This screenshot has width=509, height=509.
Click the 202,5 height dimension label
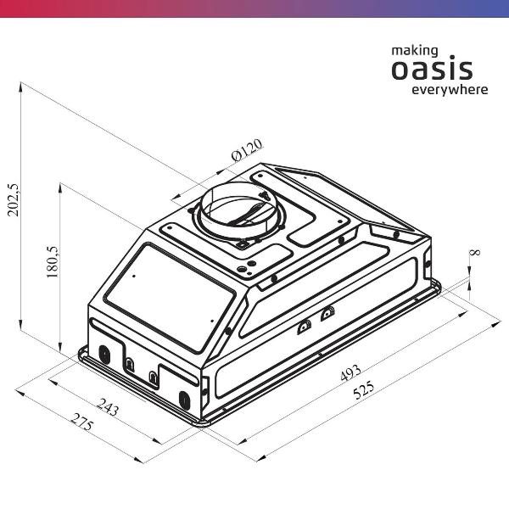pos(14,200)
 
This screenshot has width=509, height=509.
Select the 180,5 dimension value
pos(52,261)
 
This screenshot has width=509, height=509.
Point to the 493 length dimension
pos(350,372)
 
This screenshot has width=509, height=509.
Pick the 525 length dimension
pos(364,389)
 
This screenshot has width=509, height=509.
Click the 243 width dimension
pos(108,407)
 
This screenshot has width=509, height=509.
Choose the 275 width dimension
pos(83,422)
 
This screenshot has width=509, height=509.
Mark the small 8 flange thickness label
pos(476,252)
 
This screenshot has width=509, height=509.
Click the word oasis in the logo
pos(432,70)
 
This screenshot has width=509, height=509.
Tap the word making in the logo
pos(415,51)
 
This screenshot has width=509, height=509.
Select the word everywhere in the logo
pos(450,89)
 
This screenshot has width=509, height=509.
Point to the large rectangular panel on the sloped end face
pos(170,299)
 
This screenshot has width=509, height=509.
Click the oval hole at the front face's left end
pos(104,355)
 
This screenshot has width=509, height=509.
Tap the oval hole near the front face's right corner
pos(184,400)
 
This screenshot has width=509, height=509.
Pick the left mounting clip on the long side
pos(305,327)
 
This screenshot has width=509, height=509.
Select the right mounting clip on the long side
pos(327,314)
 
